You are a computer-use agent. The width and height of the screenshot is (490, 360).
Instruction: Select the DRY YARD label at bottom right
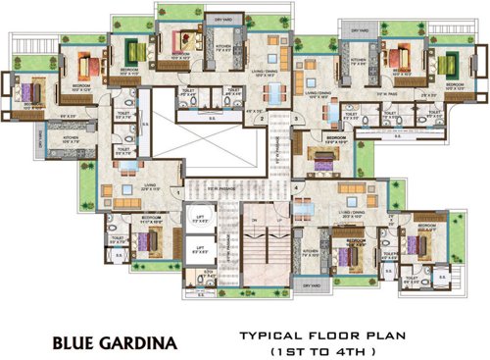[x=312, y=285]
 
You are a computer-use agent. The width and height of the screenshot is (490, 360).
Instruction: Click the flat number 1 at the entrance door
[x=177, y=193]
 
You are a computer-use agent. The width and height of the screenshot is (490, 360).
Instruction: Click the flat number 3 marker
[x=296, y=117]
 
